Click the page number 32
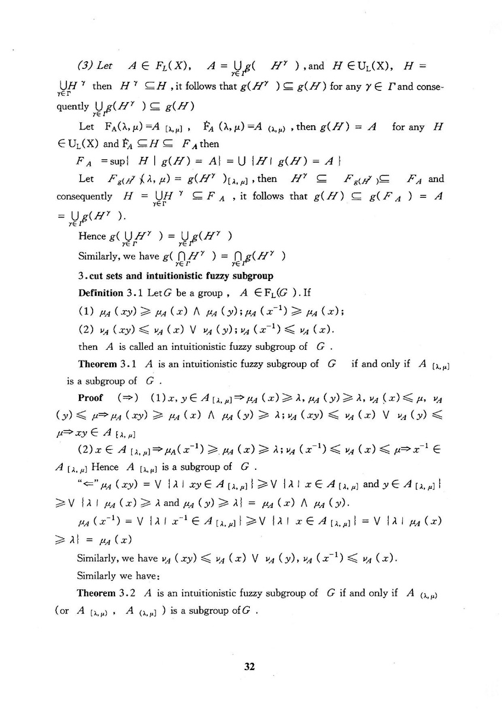249,666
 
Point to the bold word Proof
90,397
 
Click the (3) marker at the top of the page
88,64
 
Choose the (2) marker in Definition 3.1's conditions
86,330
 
